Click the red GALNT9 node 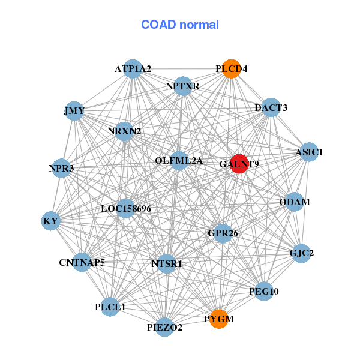(x=239, y=164)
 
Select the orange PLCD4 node (x=232, y=69)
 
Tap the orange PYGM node (x=220, y=319)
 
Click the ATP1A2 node (x=133, y=69)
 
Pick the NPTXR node (x=182, y=86)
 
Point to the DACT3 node (x=271, y=108)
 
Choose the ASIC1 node (x=309, y=152)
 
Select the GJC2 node (x=302, y=253)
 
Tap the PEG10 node (x=264, y=291)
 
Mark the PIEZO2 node (x=165, y=327)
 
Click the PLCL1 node (x=110, y=307)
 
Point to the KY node (x=51, y=221)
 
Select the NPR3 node (x=62, y=169)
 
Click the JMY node (x=74, y=111)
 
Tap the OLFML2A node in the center (x=179, y=161)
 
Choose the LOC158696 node (x=126, y=209)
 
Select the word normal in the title (x=197, y=25)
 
